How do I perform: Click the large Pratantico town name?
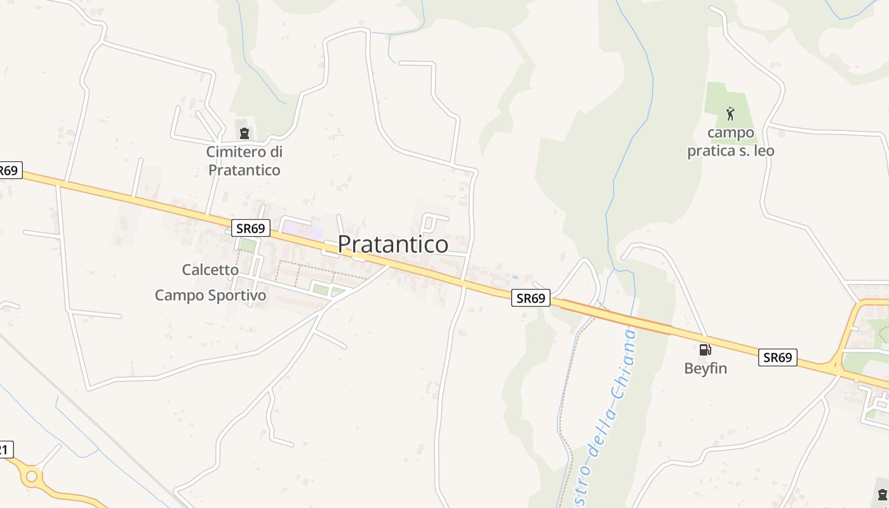[392, 244]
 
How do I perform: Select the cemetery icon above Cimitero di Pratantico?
[244, 133]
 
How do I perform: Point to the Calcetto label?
[210, 270]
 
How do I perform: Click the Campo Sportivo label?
[210, 295]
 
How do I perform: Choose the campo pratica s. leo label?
[731, 142]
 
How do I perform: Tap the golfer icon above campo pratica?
[730, 114]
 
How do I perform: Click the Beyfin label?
[705, 368]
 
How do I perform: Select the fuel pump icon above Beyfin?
[705, 349]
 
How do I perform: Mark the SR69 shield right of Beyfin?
[778, 358]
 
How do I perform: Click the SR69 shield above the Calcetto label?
[251, 228]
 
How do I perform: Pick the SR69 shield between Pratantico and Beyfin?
[530, 298]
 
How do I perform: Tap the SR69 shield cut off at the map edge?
[10, 171]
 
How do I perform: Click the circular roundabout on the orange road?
[30, 475]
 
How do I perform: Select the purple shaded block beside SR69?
[302, 229]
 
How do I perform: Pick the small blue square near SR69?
[514, 277]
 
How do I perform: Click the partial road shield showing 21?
[5, 450]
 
